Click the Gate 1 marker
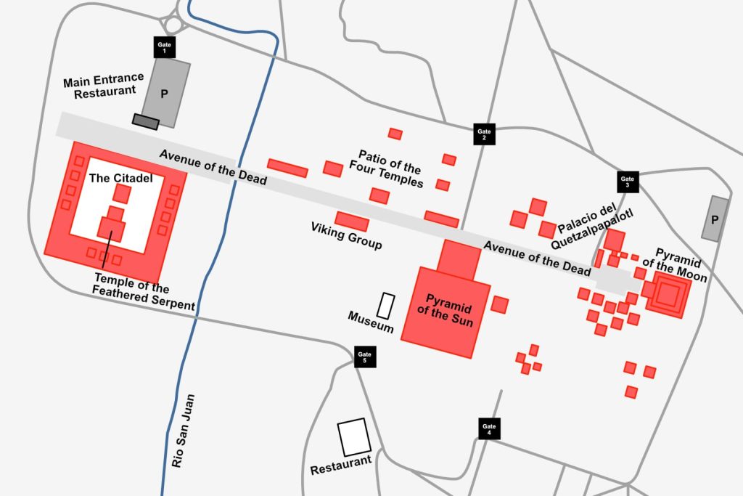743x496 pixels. [x=164, y=48]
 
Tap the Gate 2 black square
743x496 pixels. [x=484, y=134]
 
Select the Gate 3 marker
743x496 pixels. [x=628, y=182]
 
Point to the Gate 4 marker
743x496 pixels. [x=490, y=428]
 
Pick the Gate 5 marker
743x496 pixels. [x=364, y=357]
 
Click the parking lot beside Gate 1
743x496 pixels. [x=166, y=94]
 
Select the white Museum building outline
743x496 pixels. [x=386, y=306]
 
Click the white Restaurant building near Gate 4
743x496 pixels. [x=354, y=437]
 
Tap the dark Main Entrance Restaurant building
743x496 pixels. [x=145, y=121]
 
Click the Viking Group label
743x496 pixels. [x=347, y=235]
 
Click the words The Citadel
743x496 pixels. [x=120, y=178]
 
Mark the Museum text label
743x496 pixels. [x=371, y=322]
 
